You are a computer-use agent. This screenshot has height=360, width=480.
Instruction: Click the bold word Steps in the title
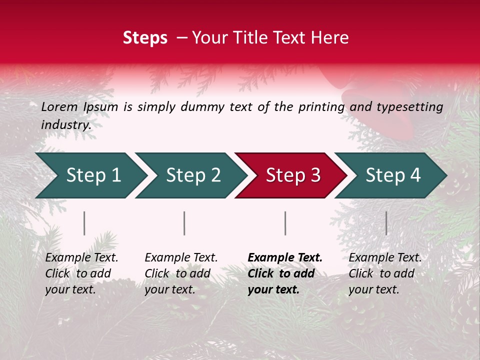tap(145, 38)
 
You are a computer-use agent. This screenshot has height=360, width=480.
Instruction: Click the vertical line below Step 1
tap(84, 223)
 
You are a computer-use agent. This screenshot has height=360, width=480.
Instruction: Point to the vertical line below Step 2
tap(184, 223)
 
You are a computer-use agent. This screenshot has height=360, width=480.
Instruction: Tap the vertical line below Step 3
tap(285, 223)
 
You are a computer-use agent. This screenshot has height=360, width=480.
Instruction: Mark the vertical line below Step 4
tap(386, 223)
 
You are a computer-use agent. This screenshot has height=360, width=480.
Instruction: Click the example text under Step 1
tap(81, 273)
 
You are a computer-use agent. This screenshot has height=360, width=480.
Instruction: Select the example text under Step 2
tap(180, 273)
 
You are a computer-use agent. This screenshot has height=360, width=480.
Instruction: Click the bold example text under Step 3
tap(284, 273)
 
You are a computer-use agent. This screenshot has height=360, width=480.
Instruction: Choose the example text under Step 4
tap(384, 273)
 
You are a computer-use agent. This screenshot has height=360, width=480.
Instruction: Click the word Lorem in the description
tap(59, 106)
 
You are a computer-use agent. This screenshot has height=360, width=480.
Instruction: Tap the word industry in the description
tap(65, 124)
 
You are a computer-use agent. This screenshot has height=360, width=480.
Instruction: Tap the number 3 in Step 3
tap(315, 175)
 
